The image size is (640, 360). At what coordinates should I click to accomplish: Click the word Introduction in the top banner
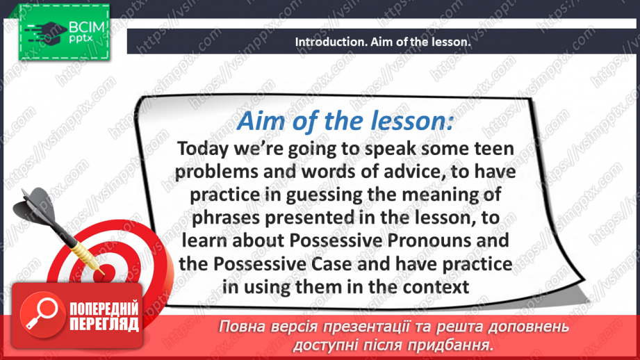(327, 42)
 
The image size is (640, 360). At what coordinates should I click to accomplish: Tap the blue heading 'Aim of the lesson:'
(345, 121)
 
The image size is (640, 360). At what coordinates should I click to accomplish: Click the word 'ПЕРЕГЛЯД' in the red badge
(104, 323)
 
